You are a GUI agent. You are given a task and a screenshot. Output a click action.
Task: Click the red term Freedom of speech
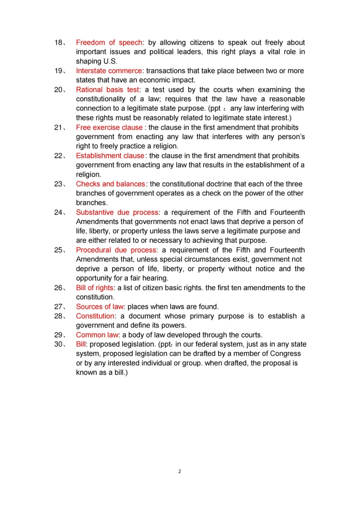tap(109, 42)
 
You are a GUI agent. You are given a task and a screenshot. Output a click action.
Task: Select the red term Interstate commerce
tap(109, 71)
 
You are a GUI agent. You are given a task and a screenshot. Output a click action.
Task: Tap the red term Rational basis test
tap(108, 90)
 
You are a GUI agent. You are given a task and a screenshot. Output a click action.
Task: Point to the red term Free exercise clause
tap(109, 128)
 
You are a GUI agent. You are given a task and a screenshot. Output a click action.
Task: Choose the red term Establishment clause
tap(110, 156)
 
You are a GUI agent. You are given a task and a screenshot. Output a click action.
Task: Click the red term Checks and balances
tap(110, 184)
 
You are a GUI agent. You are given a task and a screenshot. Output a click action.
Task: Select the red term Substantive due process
tap(117, 212)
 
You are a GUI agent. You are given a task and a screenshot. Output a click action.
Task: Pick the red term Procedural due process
tap(116, 250)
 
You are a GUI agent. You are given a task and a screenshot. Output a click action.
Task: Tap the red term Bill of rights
tap(94, 288)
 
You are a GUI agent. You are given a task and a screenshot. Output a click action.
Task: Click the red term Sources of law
tap(100, 307)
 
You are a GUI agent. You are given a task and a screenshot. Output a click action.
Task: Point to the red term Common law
tap(97, 335)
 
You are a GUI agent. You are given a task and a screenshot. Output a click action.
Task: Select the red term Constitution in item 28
tap(95, 316)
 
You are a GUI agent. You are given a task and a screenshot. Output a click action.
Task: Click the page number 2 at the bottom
tap(180, 472)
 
